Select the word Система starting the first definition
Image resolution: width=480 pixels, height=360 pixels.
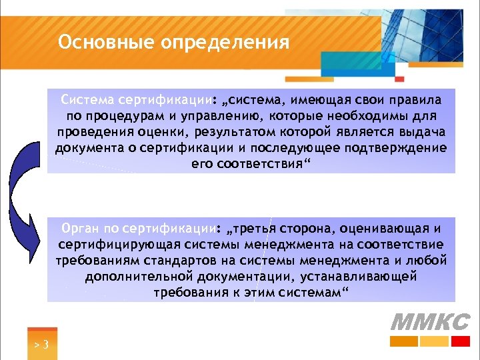click(x=86, y=101)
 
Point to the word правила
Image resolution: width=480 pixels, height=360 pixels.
click(x=413, y=101)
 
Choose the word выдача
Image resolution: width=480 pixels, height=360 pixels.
click(x=422, y=132)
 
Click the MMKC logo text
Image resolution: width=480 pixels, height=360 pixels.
click(x=429, y=322)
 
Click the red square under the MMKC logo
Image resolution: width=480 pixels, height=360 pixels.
click(x=461, y=341)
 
